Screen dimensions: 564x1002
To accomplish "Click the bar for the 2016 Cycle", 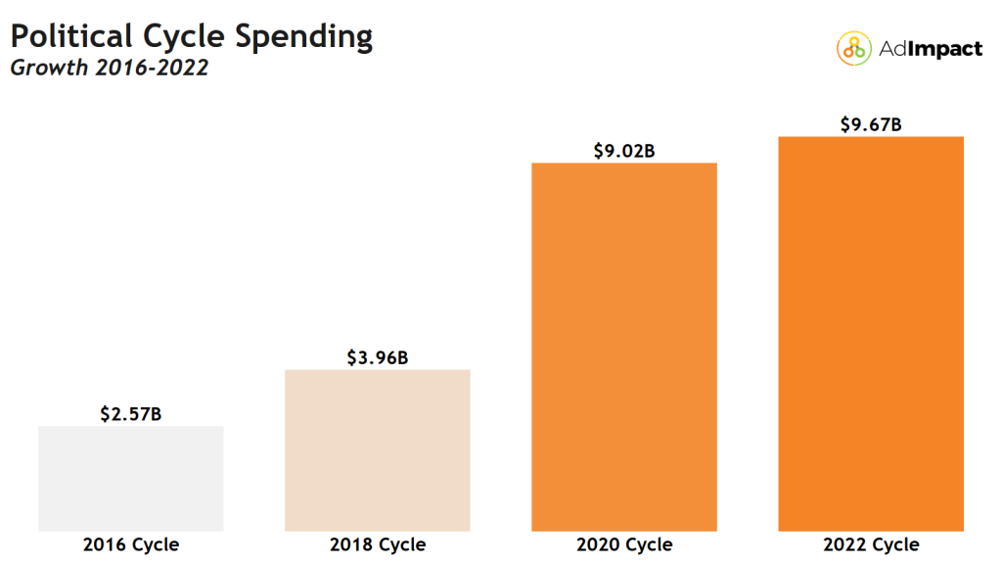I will [x=131, y=478].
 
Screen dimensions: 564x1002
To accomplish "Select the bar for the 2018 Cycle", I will [x=378, y=449].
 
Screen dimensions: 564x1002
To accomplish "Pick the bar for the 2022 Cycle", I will [x=871, y=333].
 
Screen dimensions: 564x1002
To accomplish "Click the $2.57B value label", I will [x=131, y=414].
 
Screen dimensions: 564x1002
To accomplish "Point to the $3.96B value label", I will [x=378, y=358].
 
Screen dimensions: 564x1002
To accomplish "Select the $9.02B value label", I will [x=624, y=151].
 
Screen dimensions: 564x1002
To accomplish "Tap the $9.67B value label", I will [x=871, y=125].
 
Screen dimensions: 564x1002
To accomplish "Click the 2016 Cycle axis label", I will [x=131, y=544].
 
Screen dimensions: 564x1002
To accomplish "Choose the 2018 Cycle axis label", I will [x=378, y=544].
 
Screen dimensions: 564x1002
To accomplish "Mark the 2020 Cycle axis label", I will [x=624, y=544].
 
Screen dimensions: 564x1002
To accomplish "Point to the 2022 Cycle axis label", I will [x=871, y=544].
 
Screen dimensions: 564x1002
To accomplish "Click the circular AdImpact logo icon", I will [x=853, y=48].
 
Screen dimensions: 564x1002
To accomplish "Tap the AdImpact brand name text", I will [x=929, y=48].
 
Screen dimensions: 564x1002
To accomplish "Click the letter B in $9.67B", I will [x=895, y=125].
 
